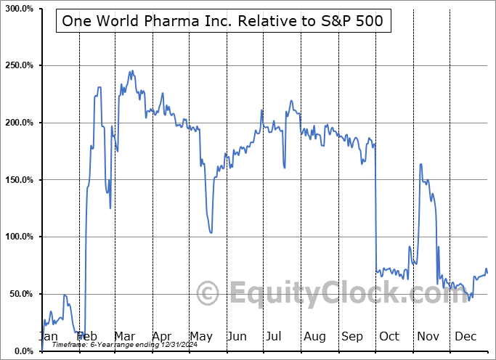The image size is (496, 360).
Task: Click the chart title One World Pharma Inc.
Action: pyautogui.click(x=224, y=21)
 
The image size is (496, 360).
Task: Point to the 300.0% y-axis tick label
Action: pyautogui.click(x=20, y=8)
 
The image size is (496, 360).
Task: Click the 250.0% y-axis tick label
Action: pyautogui.click(x=20, y=65)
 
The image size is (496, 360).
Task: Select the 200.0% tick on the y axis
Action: pyautogui.click(x=20, y=123)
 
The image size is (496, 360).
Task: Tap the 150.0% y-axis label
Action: pyautogui.click(x=20, y=180)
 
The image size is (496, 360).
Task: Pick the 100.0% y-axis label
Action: pyautogui.click(x=20, y=237)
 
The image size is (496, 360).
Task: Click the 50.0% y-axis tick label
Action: pyautogui.click(x=22, y=294)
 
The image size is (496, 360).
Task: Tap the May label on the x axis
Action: pyautogui.click(x=201, y=336)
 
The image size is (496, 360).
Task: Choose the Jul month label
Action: pyautogui.click(x=274, y=336)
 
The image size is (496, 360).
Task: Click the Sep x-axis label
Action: pyautogui.click(x=352, y=336)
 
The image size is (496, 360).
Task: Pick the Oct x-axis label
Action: pyautogui.click(x=389, y=336)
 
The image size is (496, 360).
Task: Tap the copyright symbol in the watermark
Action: pyautogui.click(x=208, y=293)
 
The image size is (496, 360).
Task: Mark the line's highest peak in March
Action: pyautogui.click(x=131, y=71)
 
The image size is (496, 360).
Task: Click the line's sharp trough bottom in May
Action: pyautogui.click(x=211, y=232)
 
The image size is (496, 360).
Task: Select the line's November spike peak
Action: pyautogui.click(x=421, y=164)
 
